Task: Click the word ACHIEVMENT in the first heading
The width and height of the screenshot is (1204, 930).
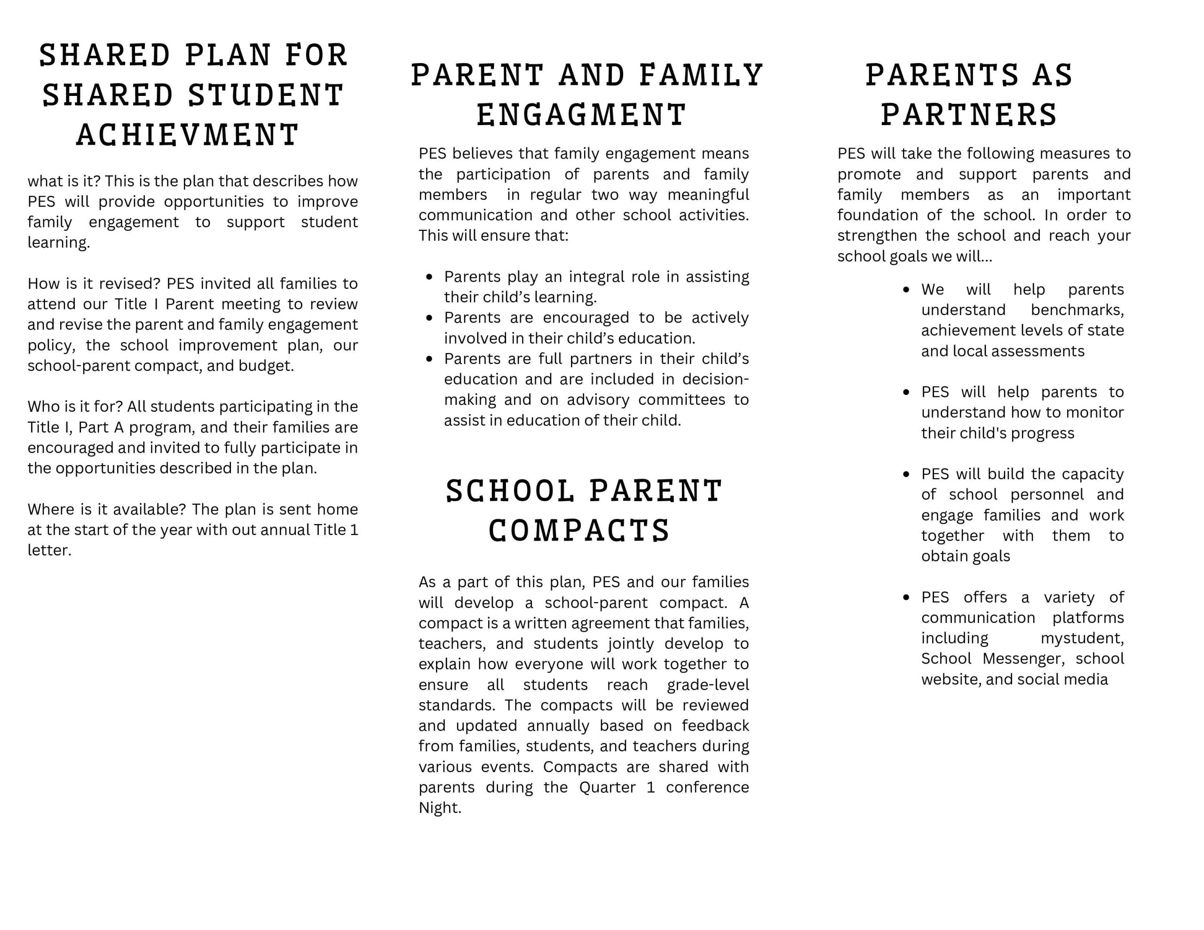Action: (188, 135)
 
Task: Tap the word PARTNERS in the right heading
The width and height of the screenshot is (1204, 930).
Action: (968, 115)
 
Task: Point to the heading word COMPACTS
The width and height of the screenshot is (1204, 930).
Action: (579, 530)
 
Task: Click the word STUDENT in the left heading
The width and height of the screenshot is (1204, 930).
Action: (266, 95)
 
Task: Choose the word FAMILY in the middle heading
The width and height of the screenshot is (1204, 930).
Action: (701, 76)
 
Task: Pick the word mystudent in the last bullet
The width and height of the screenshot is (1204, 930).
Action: (1081, 638)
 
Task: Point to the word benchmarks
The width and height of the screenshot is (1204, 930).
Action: (1077, 310)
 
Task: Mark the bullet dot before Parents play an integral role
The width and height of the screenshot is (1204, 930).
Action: (429, 277)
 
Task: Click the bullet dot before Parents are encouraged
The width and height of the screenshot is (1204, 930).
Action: (429, 318)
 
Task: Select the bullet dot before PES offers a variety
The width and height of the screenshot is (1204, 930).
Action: (906, 598)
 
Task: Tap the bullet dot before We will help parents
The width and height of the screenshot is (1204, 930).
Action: (906, 290)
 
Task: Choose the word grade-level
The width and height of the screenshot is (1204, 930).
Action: (707, 685)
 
